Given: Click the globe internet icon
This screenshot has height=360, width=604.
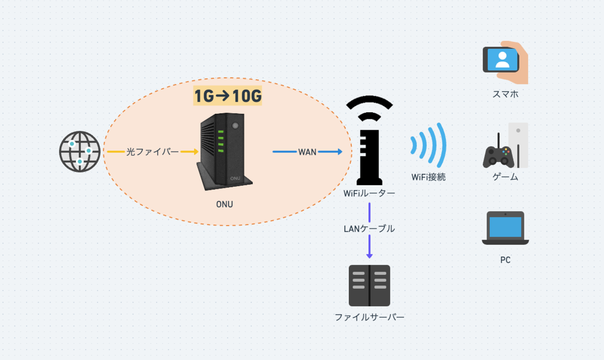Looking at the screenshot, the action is tap(80, 152).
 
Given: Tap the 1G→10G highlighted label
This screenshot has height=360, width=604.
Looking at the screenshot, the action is tap(228, 96).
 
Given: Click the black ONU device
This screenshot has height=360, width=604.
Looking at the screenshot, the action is tap(224, 152).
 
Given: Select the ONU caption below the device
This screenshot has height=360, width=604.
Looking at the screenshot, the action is tap(224, 204).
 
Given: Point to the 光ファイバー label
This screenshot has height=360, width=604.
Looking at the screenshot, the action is tap(153, 152).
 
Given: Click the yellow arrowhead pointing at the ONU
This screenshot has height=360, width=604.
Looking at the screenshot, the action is tap(196, 152).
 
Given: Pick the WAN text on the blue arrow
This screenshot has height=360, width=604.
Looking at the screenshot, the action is tap(307, 152).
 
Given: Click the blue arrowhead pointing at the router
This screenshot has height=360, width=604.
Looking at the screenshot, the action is tap(340, 152).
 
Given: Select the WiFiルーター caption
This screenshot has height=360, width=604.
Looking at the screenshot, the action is tap(369, 193).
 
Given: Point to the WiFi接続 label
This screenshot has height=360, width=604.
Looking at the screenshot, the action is tap(428, 177).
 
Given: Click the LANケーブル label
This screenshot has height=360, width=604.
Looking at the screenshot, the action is tap(369, 229).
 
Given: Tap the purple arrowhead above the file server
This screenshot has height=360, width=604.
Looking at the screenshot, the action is tap(369, 255).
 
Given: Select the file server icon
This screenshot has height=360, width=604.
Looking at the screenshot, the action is tap(369, 285).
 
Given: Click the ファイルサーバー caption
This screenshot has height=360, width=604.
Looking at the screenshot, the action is tap(369, 317).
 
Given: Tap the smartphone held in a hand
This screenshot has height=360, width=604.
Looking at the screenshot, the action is tap(501, 59).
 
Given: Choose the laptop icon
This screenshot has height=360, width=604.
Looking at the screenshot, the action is tap(505, 228).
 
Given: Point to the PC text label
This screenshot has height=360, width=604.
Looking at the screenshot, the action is tap(505, 260).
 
